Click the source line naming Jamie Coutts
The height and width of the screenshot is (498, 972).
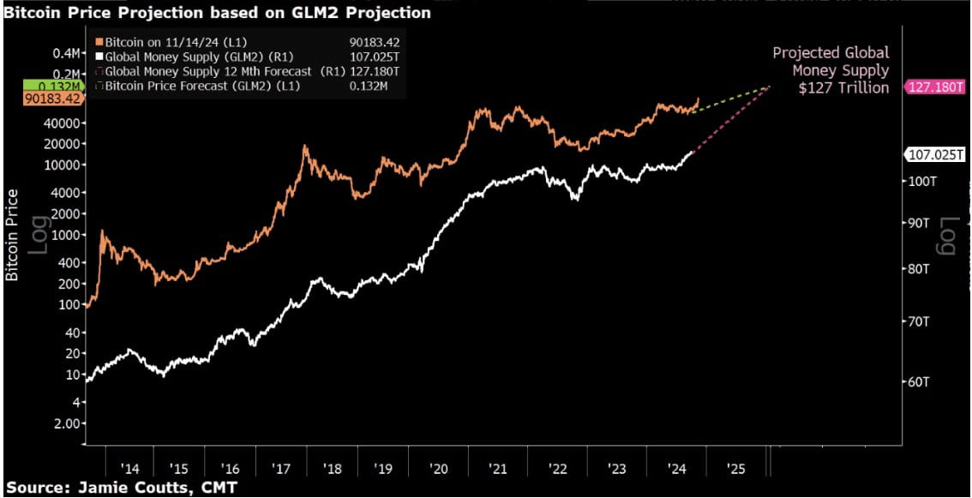point(121,488)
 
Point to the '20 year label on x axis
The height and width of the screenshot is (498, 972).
point(440,469)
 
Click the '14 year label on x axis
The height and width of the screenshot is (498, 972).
point(129,469)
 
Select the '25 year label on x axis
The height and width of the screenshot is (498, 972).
point(735,469)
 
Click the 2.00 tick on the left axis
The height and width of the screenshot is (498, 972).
point(66,423)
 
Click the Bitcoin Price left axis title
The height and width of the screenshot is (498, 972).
point(13,235)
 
